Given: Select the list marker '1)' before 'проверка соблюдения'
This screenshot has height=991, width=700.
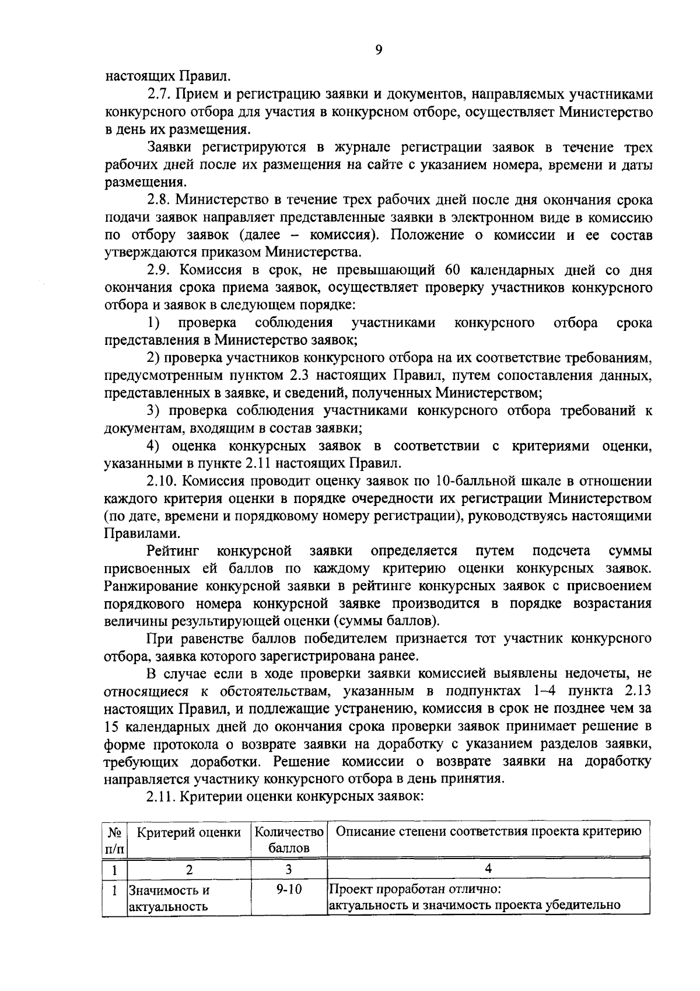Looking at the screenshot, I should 153,323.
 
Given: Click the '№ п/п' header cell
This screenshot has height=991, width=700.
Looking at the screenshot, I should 114,839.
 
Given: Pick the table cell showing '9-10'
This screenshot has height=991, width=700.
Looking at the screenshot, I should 288,891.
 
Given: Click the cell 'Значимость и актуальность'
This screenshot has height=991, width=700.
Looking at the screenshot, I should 169,898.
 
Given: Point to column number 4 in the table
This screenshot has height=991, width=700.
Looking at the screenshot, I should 488,868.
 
